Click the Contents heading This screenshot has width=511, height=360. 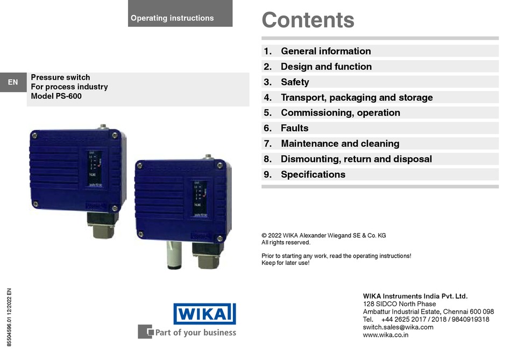pos(308,20)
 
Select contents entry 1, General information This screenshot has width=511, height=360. pos(325,51)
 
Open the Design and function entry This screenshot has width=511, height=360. pos(326,67)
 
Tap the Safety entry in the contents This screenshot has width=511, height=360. pos(295,82)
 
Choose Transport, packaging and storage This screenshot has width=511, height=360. pos(357,97)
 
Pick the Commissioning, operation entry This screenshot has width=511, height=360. pos(340,113)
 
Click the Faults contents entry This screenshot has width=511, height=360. pos(294,128)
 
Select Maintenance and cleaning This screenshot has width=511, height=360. pos(340,144)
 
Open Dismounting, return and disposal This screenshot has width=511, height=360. pos(356,159)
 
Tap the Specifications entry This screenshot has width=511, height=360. pos(313,174)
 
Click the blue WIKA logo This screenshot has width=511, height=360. pos(204,314)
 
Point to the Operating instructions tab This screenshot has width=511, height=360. pos(172,18)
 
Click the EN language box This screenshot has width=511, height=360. pos(13,82)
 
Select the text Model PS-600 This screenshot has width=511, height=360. pos(56,96)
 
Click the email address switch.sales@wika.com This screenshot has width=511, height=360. pos(398,327)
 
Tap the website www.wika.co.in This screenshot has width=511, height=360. pos(386,335)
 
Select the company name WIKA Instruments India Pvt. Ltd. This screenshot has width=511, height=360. pos(415,296)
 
